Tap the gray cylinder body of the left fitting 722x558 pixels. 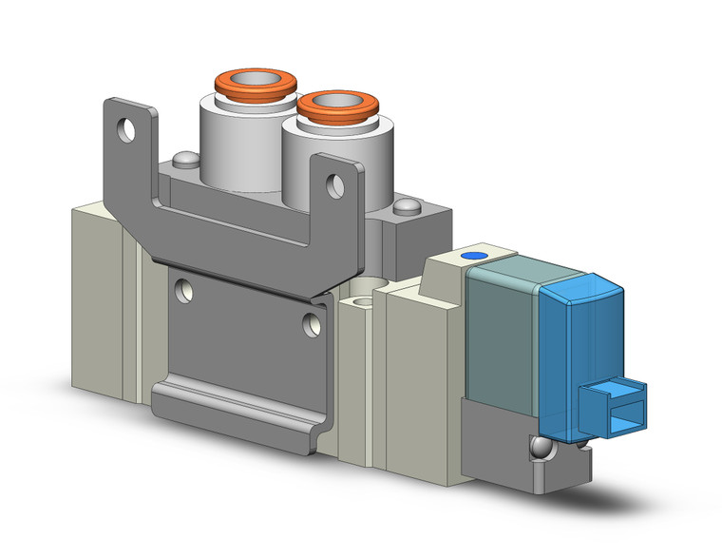pyautogui.click(x=228, y=138)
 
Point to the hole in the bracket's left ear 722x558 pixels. pyautogui.click(x=124, y=125)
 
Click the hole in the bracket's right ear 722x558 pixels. pyautogui.click(x=335, y=185)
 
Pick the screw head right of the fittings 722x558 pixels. pyautogui.click(x=408, y=206)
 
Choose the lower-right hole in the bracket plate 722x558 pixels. pyautogui.click(x=311, y=323)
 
